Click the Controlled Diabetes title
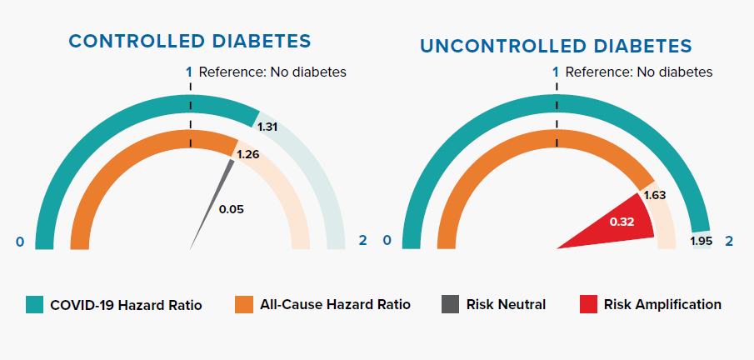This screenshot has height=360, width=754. [190, 41]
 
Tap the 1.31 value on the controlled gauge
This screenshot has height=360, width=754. [267, 127]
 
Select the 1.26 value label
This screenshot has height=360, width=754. [247, 154]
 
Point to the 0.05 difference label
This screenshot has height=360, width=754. [231, 209]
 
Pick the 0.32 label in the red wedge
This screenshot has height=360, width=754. [622, 222]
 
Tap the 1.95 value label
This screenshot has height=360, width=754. [702, 242]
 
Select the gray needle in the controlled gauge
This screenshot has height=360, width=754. [212, 204]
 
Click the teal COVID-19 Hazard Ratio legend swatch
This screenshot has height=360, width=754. [34, 304]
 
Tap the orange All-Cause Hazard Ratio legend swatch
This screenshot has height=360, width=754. [243, 304]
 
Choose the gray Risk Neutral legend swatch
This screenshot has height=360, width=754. [449, 304]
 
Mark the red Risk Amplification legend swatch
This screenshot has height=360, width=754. [587, 304]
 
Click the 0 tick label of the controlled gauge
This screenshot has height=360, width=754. [20, 242]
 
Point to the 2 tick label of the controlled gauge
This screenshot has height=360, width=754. [362, 241]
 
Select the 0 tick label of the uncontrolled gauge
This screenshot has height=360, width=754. [387, 241]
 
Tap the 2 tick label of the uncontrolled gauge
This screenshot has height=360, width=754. [730, 241]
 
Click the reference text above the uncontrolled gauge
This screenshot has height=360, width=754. [639, 72]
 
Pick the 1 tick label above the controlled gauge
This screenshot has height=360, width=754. [189, 72]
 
